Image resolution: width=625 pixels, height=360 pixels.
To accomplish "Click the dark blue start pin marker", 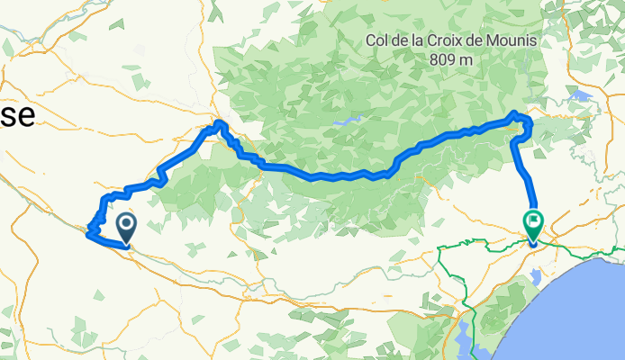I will click(x=124, y=227).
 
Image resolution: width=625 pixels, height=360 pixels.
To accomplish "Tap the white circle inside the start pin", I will click(x=124, y=222).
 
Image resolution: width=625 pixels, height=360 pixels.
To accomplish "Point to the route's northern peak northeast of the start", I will click(x=219, y=121).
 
